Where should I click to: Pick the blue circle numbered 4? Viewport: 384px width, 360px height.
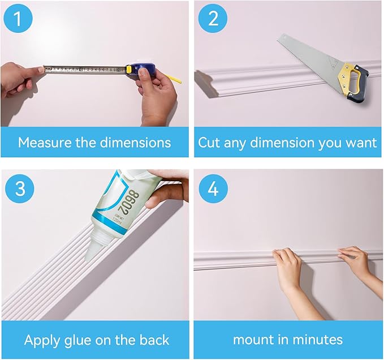213,188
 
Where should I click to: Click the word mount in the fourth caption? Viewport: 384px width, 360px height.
255,340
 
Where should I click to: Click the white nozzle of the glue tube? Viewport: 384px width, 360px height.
92,249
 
